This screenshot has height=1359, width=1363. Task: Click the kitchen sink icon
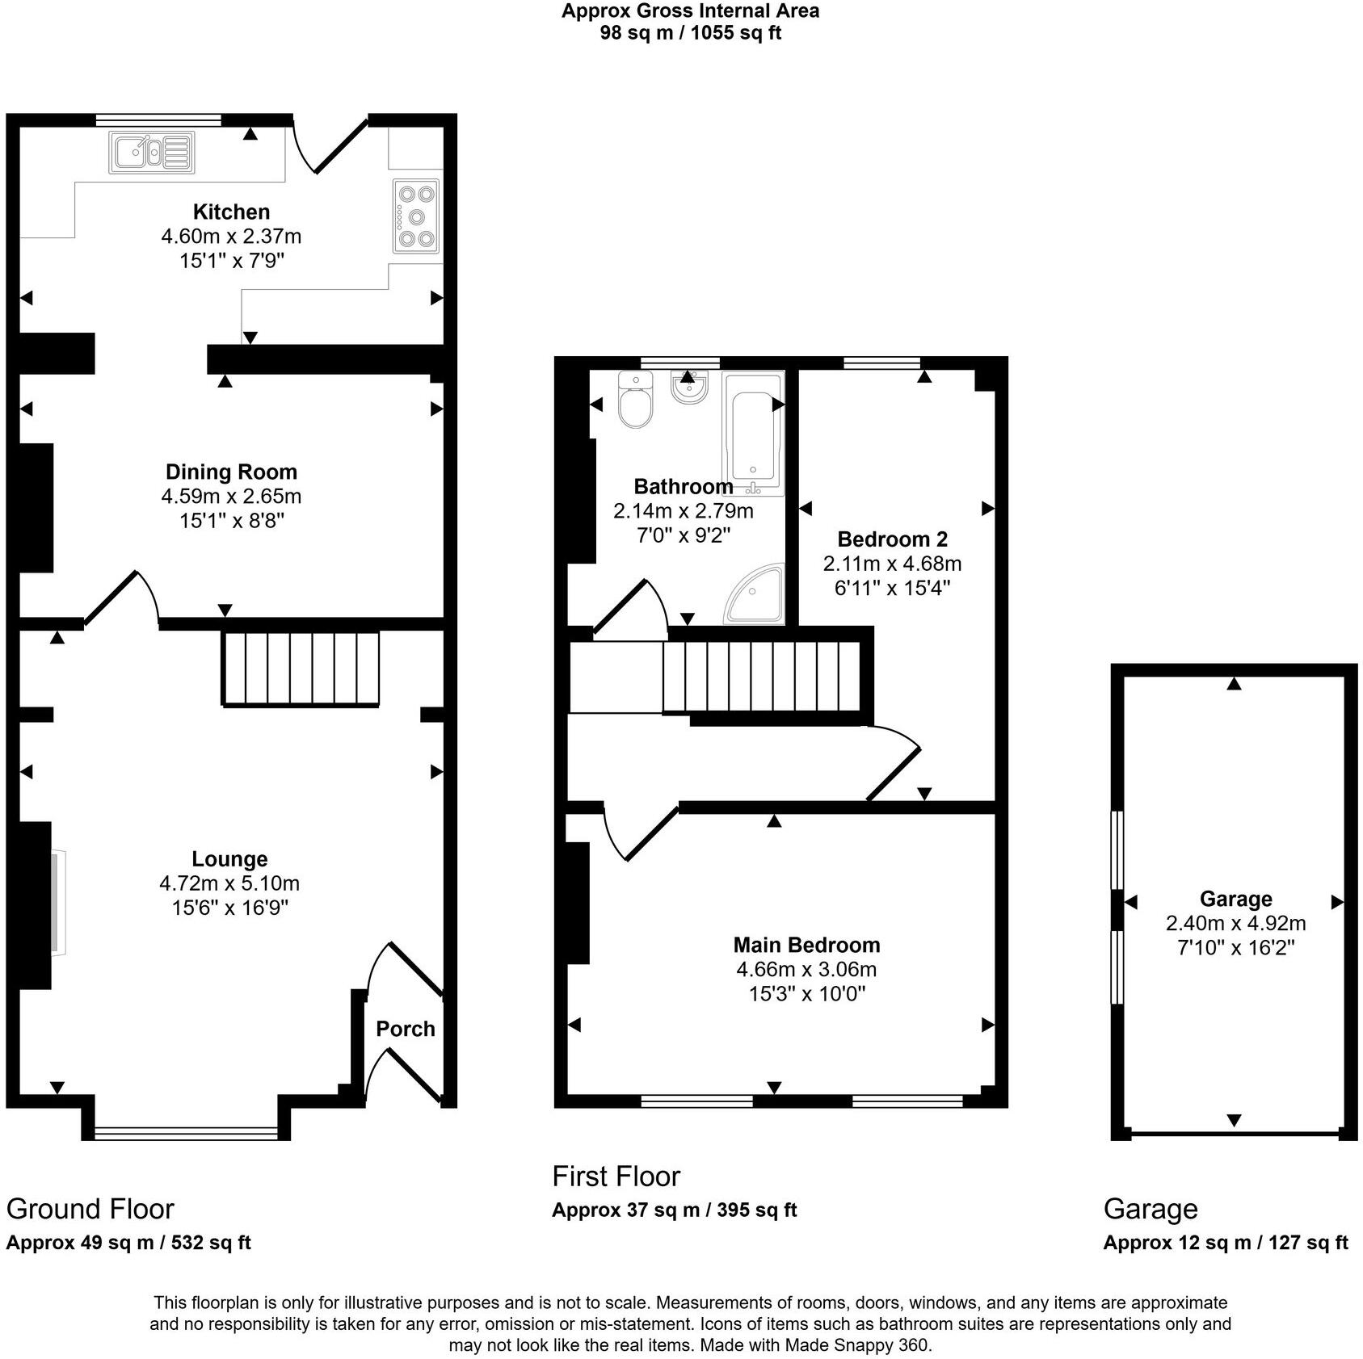(152, 153)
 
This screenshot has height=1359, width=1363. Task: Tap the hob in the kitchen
(416, 216)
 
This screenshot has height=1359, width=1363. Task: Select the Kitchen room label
(231, 212)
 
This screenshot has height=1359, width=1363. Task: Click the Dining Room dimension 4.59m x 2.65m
(231, 496)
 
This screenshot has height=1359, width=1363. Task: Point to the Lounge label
(229, 859)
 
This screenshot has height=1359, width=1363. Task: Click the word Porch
(405, 1029)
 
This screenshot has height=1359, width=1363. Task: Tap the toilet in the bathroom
(635, 401)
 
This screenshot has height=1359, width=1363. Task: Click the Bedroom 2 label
(892, 539)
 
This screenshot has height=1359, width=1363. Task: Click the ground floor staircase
(301, 669)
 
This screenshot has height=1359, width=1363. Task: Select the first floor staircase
(761, 677)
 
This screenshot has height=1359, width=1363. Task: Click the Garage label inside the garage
(1235, 899)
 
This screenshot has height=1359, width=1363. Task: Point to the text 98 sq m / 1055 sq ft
(690, 33)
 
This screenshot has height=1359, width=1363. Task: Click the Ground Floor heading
(90, 1209)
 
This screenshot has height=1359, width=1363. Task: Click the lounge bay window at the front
(187, 1134)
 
